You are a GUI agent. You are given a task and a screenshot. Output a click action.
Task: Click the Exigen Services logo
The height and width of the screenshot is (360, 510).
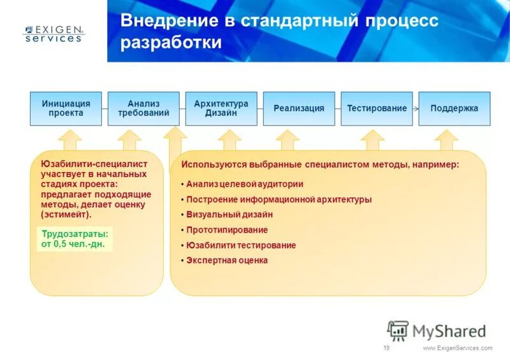(54, 33)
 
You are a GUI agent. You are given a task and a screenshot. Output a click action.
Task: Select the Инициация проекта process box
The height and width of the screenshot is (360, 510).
(66, 108)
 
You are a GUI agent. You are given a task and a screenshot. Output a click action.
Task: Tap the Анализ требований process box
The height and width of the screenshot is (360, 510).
(143, 108)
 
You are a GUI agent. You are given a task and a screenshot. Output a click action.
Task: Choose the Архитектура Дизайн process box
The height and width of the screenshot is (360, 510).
(221, 108)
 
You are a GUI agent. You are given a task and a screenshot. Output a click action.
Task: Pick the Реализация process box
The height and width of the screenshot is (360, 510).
(299, 108)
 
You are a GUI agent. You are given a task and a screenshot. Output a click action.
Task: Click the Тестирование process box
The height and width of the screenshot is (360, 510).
(377, 108)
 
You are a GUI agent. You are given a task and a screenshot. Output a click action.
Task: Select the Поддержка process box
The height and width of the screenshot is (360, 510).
(454, 108)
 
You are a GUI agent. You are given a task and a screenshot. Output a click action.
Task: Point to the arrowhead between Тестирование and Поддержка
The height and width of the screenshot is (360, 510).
(416, 108)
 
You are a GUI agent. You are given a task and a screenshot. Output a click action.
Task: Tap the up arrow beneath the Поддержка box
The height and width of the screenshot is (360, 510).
(448, 140)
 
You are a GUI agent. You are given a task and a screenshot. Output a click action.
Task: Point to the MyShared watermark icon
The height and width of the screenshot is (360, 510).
(398, 331)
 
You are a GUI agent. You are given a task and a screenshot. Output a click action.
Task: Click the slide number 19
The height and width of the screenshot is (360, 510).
(386, 348)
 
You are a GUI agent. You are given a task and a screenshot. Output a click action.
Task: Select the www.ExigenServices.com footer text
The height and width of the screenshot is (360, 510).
(458, 348)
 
